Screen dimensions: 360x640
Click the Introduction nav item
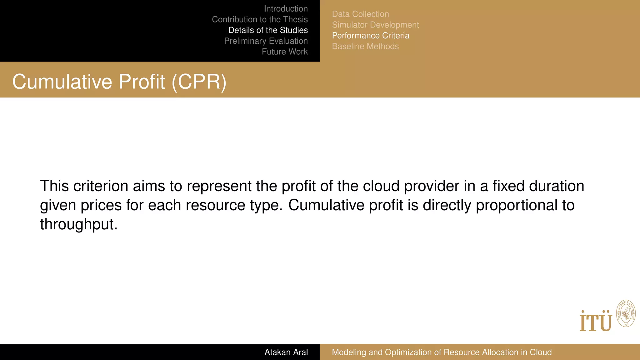[x=286, y=9]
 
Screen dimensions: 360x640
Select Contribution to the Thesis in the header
[x=260, y=19]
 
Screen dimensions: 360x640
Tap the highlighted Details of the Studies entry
[x=268, y=30]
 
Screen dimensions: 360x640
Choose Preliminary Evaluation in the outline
[x=266, y=41]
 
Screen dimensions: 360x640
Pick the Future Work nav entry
[x=285, y=52]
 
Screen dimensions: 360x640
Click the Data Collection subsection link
[x=360, y=14]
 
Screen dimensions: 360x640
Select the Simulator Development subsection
[x=375, y=25]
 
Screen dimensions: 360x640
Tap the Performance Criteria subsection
[x=371, y=36]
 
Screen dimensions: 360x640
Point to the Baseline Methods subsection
[x=365, y=46]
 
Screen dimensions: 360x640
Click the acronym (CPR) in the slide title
[x=199, y=82]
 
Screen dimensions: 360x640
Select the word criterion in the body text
[x=101, y=186]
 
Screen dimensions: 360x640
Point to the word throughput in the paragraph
[x=78, y=224]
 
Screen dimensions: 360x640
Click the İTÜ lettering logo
[x=596, y=321]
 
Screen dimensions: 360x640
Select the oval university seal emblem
[x=626, y=314]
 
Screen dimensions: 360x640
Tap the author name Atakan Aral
[x=286, y=352]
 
